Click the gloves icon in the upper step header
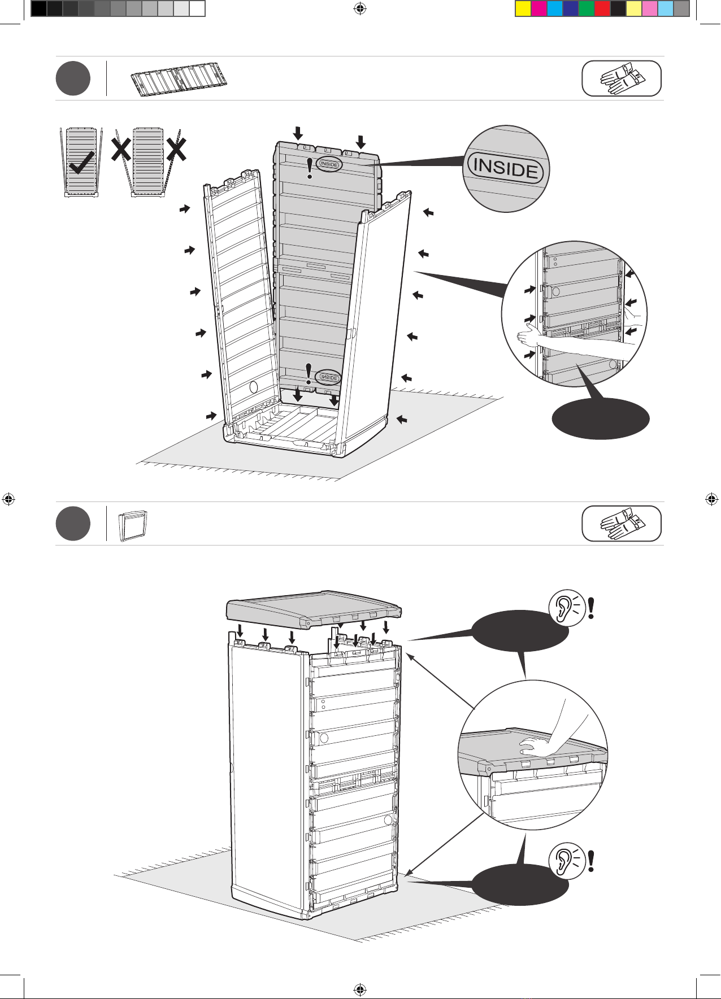click(622, 78)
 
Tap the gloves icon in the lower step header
click(622, 523)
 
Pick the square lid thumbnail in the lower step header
click(133, 526)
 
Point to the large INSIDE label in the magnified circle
click(505, 168)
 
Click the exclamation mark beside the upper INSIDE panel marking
click(309, 168)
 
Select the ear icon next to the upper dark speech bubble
click(566, 608)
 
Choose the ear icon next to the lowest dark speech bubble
click(566, 862)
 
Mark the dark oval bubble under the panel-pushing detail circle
click(600, 418)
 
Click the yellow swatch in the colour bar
click(523, 9)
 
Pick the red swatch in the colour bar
click(602, 9)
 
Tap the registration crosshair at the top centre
click(359, 9)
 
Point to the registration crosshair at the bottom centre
click(359, 989)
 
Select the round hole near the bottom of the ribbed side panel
click(253, 387)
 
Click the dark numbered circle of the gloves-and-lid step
click(73, 524)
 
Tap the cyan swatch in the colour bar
click(555, 9)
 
